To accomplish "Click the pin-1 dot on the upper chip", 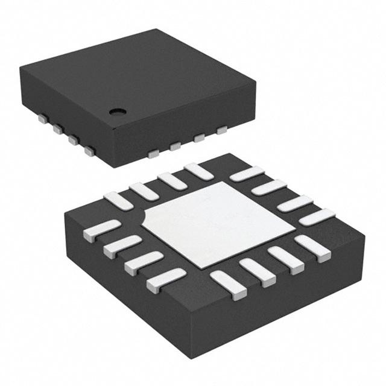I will pyautogui.click(x=117, y=111).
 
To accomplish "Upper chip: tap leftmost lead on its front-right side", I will pyautogui.click(x=153, y=154).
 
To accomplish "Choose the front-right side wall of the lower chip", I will pyautogui.click(x=283, y=308).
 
